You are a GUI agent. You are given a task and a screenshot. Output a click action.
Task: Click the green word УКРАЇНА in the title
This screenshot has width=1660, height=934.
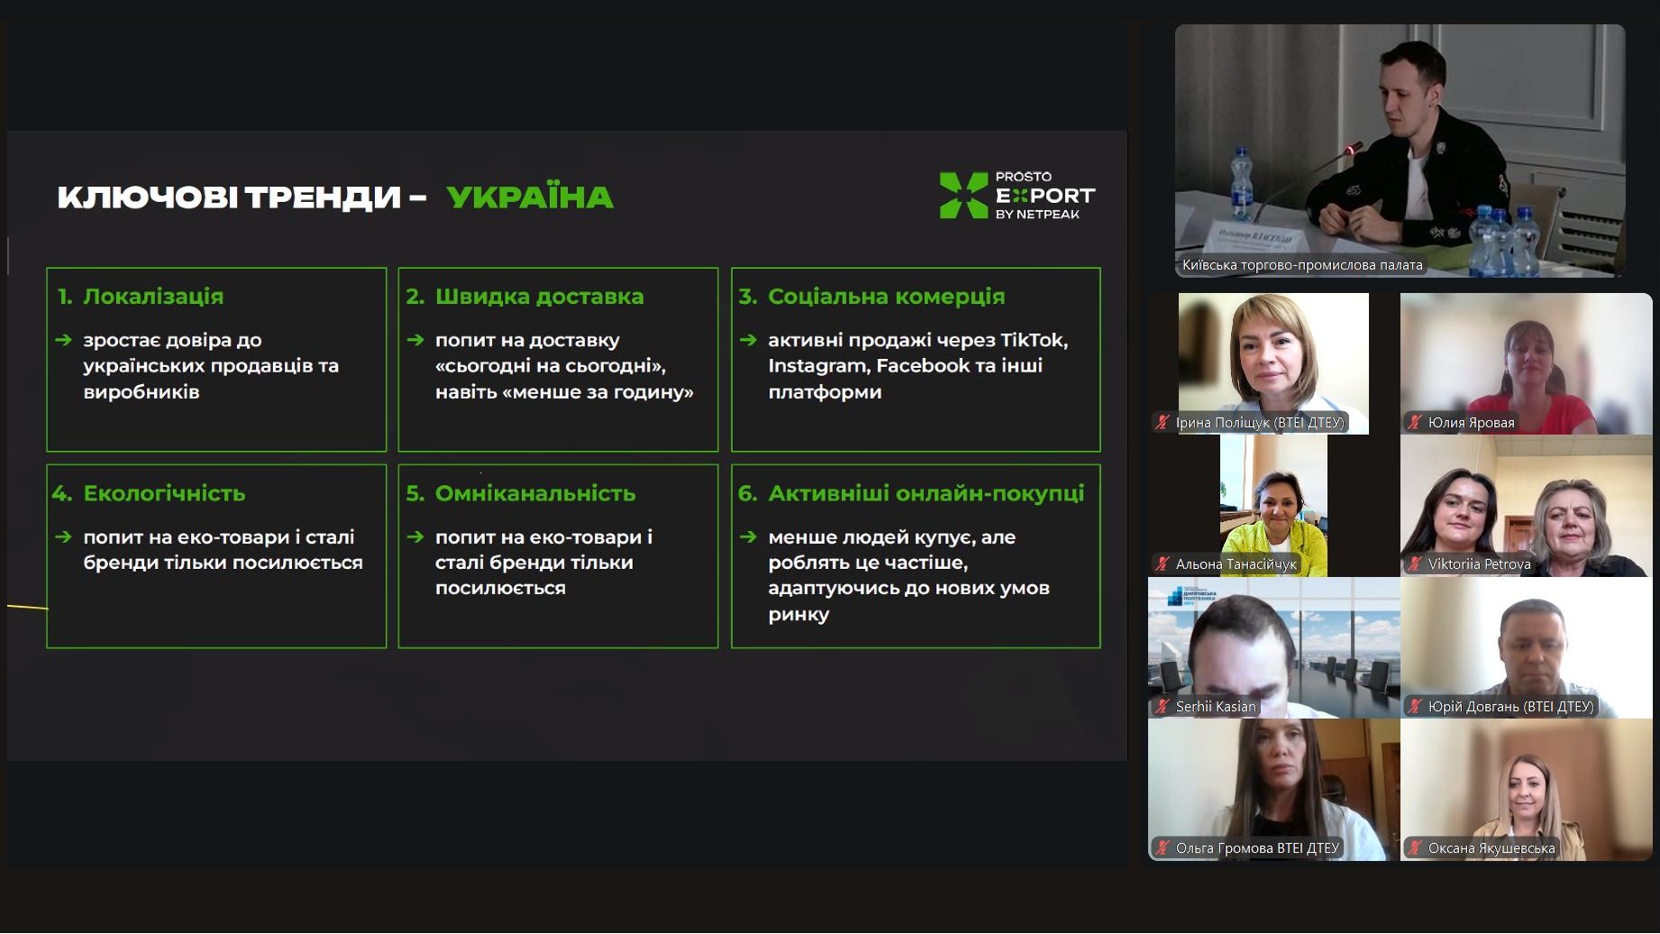[530, 197]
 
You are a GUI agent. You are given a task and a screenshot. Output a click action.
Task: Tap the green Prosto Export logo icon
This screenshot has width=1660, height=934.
[963, 195]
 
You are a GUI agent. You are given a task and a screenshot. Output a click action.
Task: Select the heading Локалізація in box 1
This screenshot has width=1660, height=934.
[153, 297]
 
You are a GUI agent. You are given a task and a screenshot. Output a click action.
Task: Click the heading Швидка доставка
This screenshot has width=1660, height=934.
[539, 297]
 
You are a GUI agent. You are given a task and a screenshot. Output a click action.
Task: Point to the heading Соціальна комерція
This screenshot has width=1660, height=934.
[886, 297]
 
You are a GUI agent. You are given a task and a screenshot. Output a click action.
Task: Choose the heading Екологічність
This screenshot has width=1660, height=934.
[164, 493]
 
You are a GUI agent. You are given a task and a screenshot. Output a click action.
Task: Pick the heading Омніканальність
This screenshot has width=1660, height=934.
[535, 493]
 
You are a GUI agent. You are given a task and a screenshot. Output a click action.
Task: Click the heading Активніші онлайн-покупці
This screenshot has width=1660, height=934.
[926, 493]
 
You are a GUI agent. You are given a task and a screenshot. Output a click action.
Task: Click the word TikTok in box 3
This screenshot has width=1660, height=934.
[1034, 340]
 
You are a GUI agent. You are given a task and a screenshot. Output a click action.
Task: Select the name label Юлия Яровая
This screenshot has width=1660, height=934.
[1471, 423]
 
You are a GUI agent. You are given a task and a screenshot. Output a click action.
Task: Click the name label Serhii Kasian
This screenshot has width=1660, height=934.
[1216, 707]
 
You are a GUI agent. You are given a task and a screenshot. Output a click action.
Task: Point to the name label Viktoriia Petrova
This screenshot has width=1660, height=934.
[1479, 564]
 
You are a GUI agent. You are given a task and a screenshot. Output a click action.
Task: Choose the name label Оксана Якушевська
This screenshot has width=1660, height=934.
[1491, 848]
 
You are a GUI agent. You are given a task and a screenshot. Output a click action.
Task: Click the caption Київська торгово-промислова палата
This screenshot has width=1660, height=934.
[1302, 265]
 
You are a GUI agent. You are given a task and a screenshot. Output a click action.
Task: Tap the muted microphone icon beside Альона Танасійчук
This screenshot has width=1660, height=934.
[1163, 564]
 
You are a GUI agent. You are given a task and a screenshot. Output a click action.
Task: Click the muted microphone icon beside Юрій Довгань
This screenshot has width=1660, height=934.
[1415, 707]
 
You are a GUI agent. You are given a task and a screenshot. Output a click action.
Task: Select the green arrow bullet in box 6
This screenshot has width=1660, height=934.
[747, 536]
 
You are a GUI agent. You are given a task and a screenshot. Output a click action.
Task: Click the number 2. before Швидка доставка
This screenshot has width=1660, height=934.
[415, 297]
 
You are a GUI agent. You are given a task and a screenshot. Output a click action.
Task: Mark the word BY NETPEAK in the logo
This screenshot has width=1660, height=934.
[1037, 215]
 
